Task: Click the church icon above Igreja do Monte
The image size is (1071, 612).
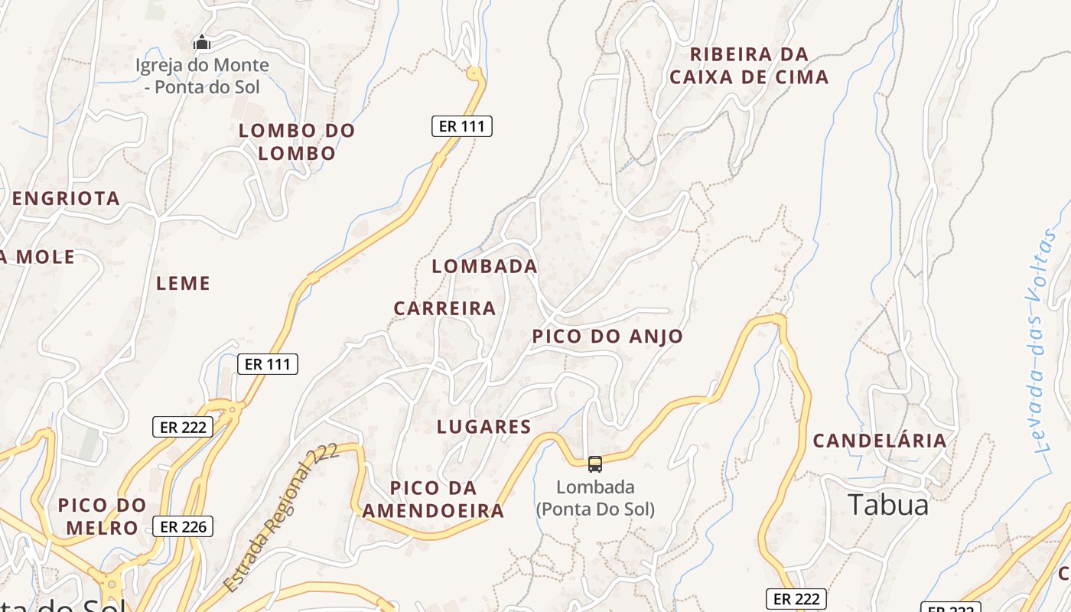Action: (x=202, y=42)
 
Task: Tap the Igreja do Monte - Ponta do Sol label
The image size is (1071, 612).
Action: (x=203, y=76)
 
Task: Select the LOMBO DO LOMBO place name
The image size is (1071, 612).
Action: (x=297, y=142)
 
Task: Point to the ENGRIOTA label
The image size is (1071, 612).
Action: (x=66, y=199)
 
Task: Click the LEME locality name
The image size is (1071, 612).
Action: (x=183, y=284)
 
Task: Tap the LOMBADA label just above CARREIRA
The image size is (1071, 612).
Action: (x=484, y=266)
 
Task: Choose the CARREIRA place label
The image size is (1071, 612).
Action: (x=444, y=308)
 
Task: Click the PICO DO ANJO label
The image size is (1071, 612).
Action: (x=607, y=337)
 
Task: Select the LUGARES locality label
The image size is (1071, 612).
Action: (x=483, y=427)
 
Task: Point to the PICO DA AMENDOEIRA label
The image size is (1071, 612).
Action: (x=433, y=500)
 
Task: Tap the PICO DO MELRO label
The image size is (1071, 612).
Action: (x=102, y=516)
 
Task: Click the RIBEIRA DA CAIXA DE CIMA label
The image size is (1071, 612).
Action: (x=749, y=66)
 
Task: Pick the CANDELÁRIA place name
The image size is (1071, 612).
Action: (x=880, y=441)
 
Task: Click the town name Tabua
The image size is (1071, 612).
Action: (x=888, y=505)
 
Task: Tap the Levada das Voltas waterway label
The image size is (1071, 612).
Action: (x=1041, y=340)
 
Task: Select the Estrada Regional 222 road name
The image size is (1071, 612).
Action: (x=282, y=518)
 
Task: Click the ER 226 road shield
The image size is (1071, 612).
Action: (x=183, y=526)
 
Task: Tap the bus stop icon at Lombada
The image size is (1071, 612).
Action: (x=594, y=464)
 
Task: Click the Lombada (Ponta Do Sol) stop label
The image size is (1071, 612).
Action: (x=595, y=498)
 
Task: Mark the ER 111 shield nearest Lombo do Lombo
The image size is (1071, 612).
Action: (x=461, y=126)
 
